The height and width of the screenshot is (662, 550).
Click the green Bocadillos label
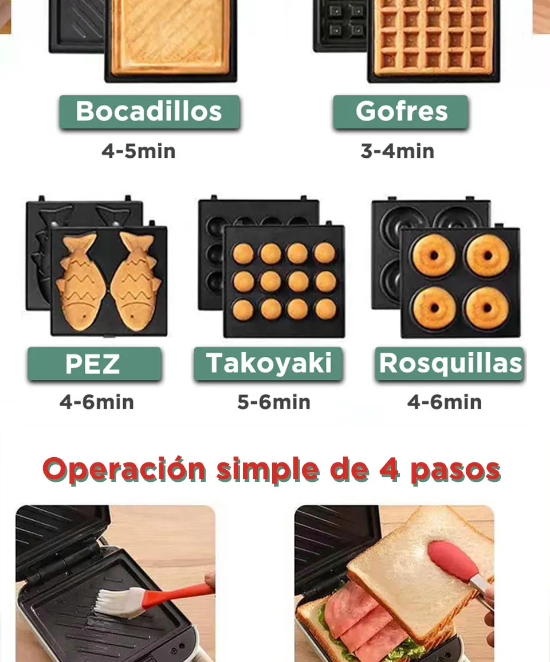(149, 111)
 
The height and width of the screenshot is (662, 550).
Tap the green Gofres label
(400, 111)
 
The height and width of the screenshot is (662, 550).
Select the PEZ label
(93, 364)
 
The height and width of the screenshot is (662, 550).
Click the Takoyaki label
(268, 364)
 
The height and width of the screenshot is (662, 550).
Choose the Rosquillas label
(450, 364)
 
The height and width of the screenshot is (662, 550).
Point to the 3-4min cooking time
(397, 151)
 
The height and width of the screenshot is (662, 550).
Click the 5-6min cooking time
(274, 402)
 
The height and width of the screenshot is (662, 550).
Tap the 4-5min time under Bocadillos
(138, 151)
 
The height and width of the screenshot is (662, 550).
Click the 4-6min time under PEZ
(96, 402)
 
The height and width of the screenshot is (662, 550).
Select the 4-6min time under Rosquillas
(444, 402)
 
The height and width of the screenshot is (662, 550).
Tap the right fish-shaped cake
(136, 281)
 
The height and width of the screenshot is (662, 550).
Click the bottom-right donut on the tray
(487, 307)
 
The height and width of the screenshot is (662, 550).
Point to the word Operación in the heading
(124, 470)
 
